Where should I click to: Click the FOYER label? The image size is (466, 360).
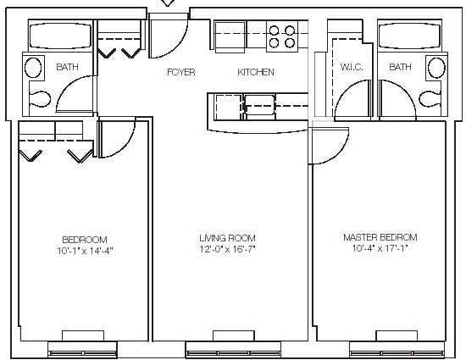(x=181, y=72)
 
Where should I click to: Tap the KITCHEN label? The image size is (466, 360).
(x=256, y=72)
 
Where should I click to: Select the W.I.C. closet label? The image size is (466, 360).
(x=352, y=67)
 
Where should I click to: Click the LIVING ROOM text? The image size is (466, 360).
(x=227, y=238)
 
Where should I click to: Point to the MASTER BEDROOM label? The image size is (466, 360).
(x=380, y=237)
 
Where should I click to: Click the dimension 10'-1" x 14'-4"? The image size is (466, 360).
(x=86, y=252)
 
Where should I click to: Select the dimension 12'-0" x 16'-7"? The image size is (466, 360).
(x=228, y=249)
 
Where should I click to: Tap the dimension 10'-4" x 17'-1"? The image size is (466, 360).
(x=380, y=248)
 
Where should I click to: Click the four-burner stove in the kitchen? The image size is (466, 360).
(x=282, y=36)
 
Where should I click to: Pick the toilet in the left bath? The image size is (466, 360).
(x=40, y=99)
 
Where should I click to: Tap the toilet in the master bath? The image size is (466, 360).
(x=430, y=99)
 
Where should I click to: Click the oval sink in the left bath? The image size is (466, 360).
(x=33, y=68)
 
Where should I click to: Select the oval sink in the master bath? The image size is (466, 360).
(x=436, y=68)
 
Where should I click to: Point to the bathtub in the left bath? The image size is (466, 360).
(x=61, y=36)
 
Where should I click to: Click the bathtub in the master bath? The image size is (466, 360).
(x=409, y=36)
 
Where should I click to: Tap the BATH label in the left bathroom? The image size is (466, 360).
(x=68, y=67)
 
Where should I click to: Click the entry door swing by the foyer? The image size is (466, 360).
(x=169, y=36)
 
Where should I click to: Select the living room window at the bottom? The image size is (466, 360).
(x=233, y=350)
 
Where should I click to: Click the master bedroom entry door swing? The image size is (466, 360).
(x=328, y=146)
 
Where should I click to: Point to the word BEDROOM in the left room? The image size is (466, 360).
(x=85, y=240)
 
